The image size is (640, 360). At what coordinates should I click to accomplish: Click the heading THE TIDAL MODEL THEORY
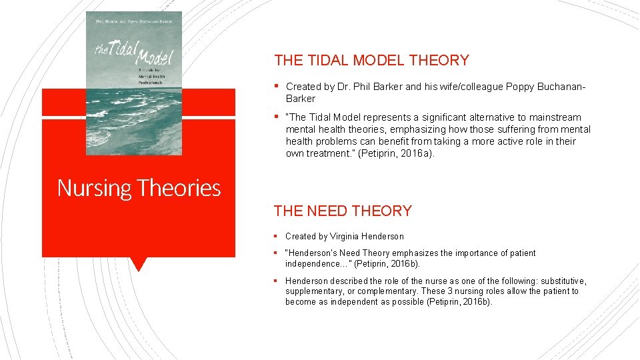371,60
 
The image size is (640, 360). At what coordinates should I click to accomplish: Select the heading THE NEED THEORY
343,211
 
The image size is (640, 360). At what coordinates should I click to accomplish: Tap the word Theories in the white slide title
179,188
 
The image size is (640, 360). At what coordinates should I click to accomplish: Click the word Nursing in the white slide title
95,188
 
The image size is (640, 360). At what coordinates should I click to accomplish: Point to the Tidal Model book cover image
134,83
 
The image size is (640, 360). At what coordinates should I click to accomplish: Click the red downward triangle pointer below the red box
138,264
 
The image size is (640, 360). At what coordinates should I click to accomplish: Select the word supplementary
313,291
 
